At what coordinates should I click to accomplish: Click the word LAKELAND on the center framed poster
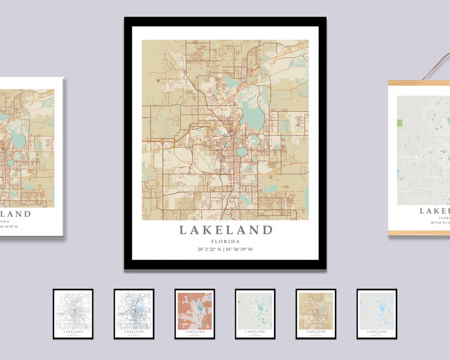[x=225, y=230]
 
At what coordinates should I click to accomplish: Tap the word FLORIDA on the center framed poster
[x=225, y=241]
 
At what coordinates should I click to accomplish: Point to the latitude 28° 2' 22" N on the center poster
[x=210, y=250]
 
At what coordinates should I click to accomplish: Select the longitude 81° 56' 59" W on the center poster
[x=240, y=250]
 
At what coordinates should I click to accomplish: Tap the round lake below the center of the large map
[x=242, y=152]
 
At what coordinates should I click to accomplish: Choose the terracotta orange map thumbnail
[x=195, y=314]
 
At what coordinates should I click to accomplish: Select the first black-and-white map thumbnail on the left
[x=73, y=314]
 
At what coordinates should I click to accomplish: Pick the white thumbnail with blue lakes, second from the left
[x=134, y=314]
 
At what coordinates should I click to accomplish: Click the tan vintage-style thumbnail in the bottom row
[x=316, y=314]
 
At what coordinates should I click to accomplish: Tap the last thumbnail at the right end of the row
[x=377, y=314]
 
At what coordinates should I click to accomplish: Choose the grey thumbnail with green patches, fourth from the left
[x=255, y=314]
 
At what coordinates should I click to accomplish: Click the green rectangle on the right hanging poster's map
[x=400, y=123]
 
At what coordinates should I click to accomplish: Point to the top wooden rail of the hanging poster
[x=419, y=83]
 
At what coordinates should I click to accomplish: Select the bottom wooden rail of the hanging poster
[x=419, y=233]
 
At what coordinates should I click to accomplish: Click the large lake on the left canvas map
[x=17, y=140]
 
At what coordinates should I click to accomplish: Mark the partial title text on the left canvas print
[x=15, y=214]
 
